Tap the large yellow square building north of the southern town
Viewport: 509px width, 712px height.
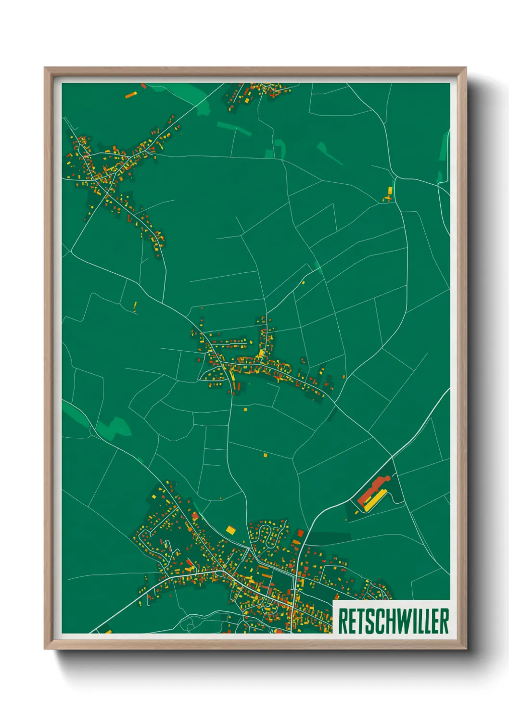point(230,530)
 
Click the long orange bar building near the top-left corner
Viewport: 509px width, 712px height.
point(131,95)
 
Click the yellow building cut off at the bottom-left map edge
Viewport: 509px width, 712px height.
point(107,630)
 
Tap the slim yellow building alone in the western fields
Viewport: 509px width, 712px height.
point(135,306)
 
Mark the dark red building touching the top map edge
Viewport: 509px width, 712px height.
point(143,86)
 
